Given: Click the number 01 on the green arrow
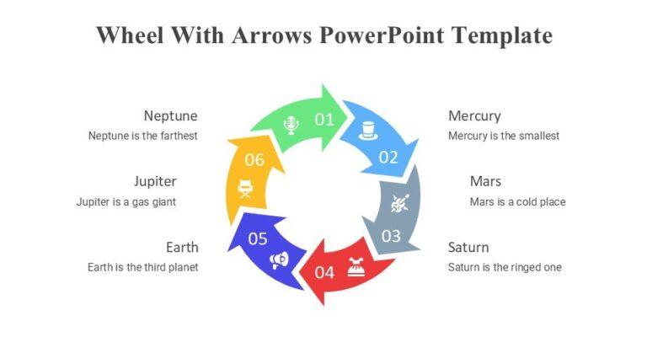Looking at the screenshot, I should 324,120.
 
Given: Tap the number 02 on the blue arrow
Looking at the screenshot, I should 388,157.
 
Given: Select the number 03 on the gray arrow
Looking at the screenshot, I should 391,236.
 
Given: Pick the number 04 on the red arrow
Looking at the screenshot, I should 324,272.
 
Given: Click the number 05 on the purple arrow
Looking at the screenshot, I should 258,238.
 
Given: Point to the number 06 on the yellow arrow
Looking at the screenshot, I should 254,159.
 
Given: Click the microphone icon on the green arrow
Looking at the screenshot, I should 291,126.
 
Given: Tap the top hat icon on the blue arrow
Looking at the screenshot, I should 366,130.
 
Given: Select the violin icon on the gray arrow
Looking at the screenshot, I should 399,202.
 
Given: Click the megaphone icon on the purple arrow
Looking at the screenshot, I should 278,260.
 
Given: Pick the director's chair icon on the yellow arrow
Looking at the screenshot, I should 245,188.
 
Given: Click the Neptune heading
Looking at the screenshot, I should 170,115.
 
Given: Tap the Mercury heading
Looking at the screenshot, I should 474,115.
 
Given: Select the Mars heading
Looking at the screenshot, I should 485,181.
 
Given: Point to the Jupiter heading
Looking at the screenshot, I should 155,181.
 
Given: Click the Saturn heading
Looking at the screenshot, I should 468,247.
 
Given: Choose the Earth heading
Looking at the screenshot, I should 182,247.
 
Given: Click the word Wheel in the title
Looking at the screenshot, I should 129,35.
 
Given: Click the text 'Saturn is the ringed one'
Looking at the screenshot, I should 505,267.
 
